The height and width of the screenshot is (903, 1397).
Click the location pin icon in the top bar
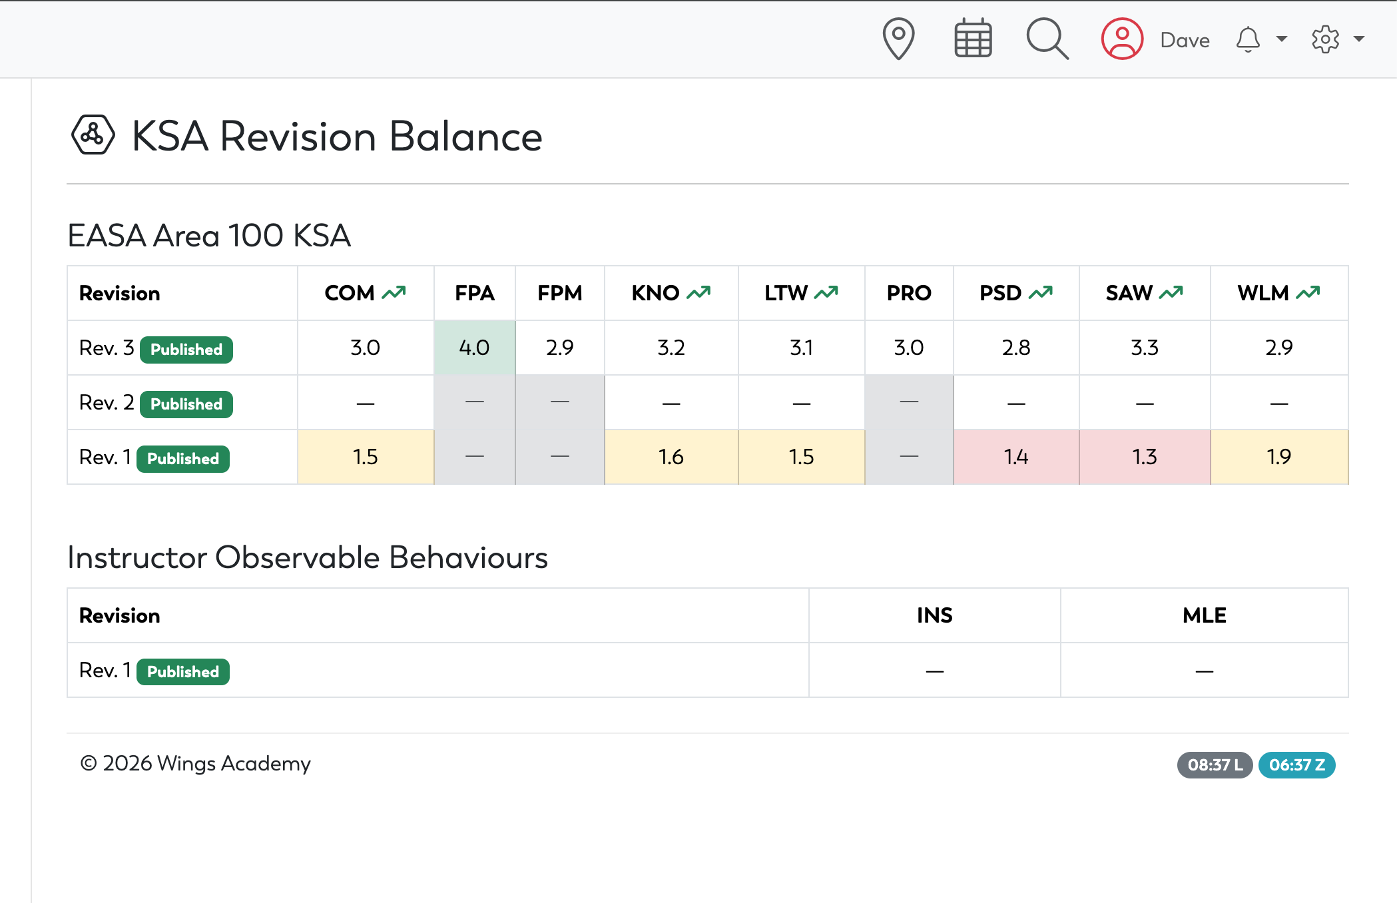coord(898,39)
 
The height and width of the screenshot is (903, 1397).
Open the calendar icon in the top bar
coord(973,39)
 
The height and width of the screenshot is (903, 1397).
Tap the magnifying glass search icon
coord(1047,39)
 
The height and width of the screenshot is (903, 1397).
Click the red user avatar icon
coord(1122,39)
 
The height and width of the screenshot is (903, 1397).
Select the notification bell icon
coord(1248,39)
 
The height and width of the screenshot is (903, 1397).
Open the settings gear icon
coord(1325,39)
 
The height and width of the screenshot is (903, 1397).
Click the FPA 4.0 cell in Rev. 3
coord(474,348)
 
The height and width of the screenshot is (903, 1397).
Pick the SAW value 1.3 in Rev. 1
coord(1145,457)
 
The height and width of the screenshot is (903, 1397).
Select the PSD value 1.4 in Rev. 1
coord(1016,457)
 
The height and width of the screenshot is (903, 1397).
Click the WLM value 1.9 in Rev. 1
coord(1279,457)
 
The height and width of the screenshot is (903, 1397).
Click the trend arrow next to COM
coord(394,292)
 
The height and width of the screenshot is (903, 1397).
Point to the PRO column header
coord(909,293)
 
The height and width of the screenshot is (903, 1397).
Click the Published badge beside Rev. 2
coord(186,404)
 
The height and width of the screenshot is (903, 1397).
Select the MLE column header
coord(1205,615)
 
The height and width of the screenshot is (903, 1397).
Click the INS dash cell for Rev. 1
coord(935,671)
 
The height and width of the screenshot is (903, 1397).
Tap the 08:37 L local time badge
coord(1215,765)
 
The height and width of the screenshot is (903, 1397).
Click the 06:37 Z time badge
coord(1296,765)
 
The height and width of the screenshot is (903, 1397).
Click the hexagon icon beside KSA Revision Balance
coord(93,135)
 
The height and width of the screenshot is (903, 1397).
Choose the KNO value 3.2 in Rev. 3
coord(671,348)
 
